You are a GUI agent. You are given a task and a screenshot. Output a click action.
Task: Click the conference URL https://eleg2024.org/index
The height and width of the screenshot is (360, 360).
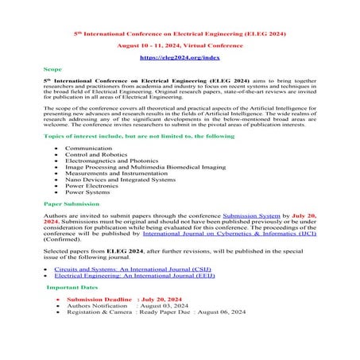click(180, 58)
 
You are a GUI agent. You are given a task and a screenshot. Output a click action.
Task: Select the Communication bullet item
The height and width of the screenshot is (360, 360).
click(89, 148)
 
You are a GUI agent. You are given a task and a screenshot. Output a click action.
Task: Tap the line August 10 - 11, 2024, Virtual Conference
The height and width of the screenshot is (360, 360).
click(180, 46)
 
